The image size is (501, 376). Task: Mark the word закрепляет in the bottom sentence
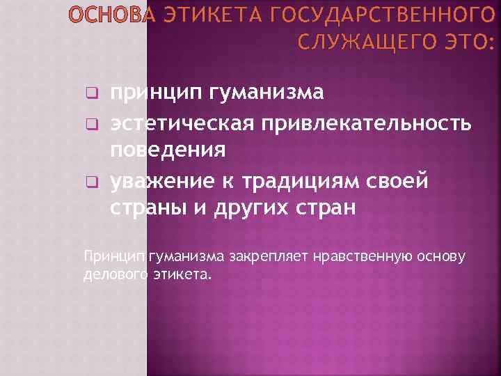[262, 257]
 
